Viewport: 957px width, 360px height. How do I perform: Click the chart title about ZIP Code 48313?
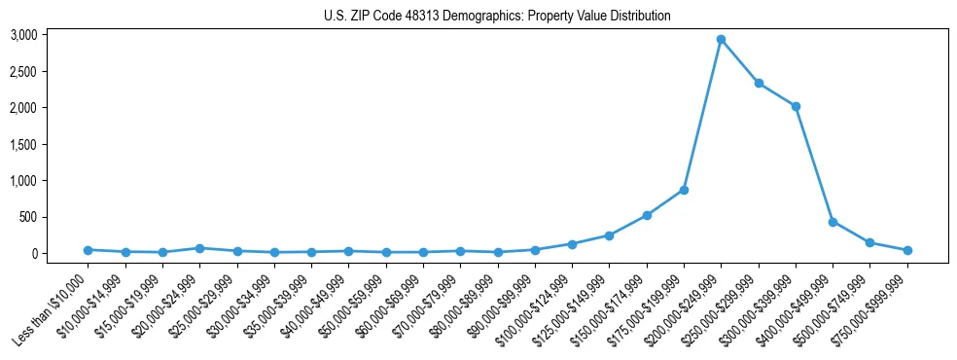tap(497, 17)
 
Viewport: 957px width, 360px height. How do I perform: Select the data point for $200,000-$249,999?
tap(721, 40)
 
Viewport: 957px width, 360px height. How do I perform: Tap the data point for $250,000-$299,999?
tap(759, 83)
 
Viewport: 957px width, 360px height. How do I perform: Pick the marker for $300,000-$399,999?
tap(796, 106)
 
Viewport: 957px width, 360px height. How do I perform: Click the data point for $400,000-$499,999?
tap(833, 222)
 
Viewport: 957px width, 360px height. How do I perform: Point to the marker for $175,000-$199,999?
tap(684, 190)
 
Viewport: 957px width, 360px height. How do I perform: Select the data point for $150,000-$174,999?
tap(647, 215)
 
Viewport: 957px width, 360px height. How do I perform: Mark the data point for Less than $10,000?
tap(88, 250)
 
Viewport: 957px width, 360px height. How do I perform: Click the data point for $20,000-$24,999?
tap(199, 248)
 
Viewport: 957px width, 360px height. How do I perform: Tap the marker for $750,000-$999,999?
tap(907, 250)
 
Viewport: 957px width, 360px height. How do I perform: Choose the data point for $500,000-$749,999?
tap(870, 242)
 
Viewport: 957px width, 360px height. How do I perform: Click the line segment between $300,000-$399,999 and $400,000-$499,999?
tap(814, 164)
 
